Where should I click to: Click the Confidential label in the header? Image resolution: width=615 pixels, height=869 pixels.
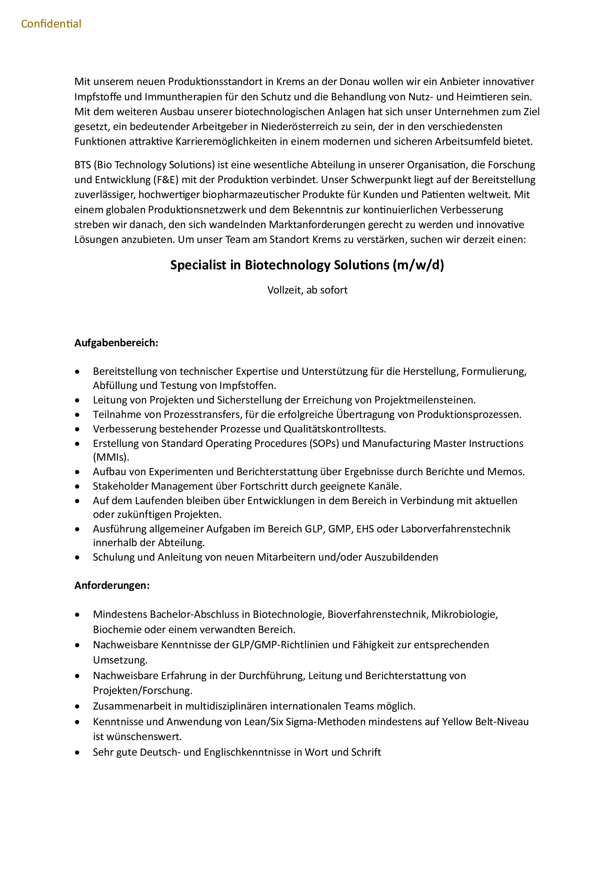[51, 24]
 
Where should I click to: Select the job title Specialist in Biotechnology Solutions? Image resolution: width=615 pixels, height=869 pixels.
[307, 265]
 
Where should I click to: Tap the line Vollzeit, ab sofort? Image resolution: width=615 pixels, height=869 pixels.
[307, 290]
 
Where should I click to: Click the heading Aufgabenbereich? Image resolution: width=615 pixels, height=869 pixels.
[116, 343]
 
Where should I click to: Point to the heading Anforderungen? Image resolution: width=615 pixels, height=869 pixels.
[112, 586]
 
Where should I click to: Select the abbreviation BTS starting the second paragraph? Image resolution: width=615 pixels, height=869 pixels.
[83, 165]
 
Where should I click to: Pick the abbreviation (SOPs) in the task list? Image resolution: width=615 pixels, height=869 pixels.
[324, 443]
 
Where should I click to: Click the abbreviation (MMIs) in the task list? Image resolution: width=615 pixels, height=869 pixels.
[110, 457]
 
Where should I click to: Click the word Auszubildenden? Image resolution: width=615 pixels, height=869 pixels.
[401, 557]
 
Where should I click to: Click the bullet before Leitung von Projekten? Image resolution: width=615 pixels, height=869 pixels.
[78, 401]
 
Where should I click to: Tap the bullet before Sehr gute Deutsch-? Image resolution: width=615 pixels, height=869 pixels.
[78, 752]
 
